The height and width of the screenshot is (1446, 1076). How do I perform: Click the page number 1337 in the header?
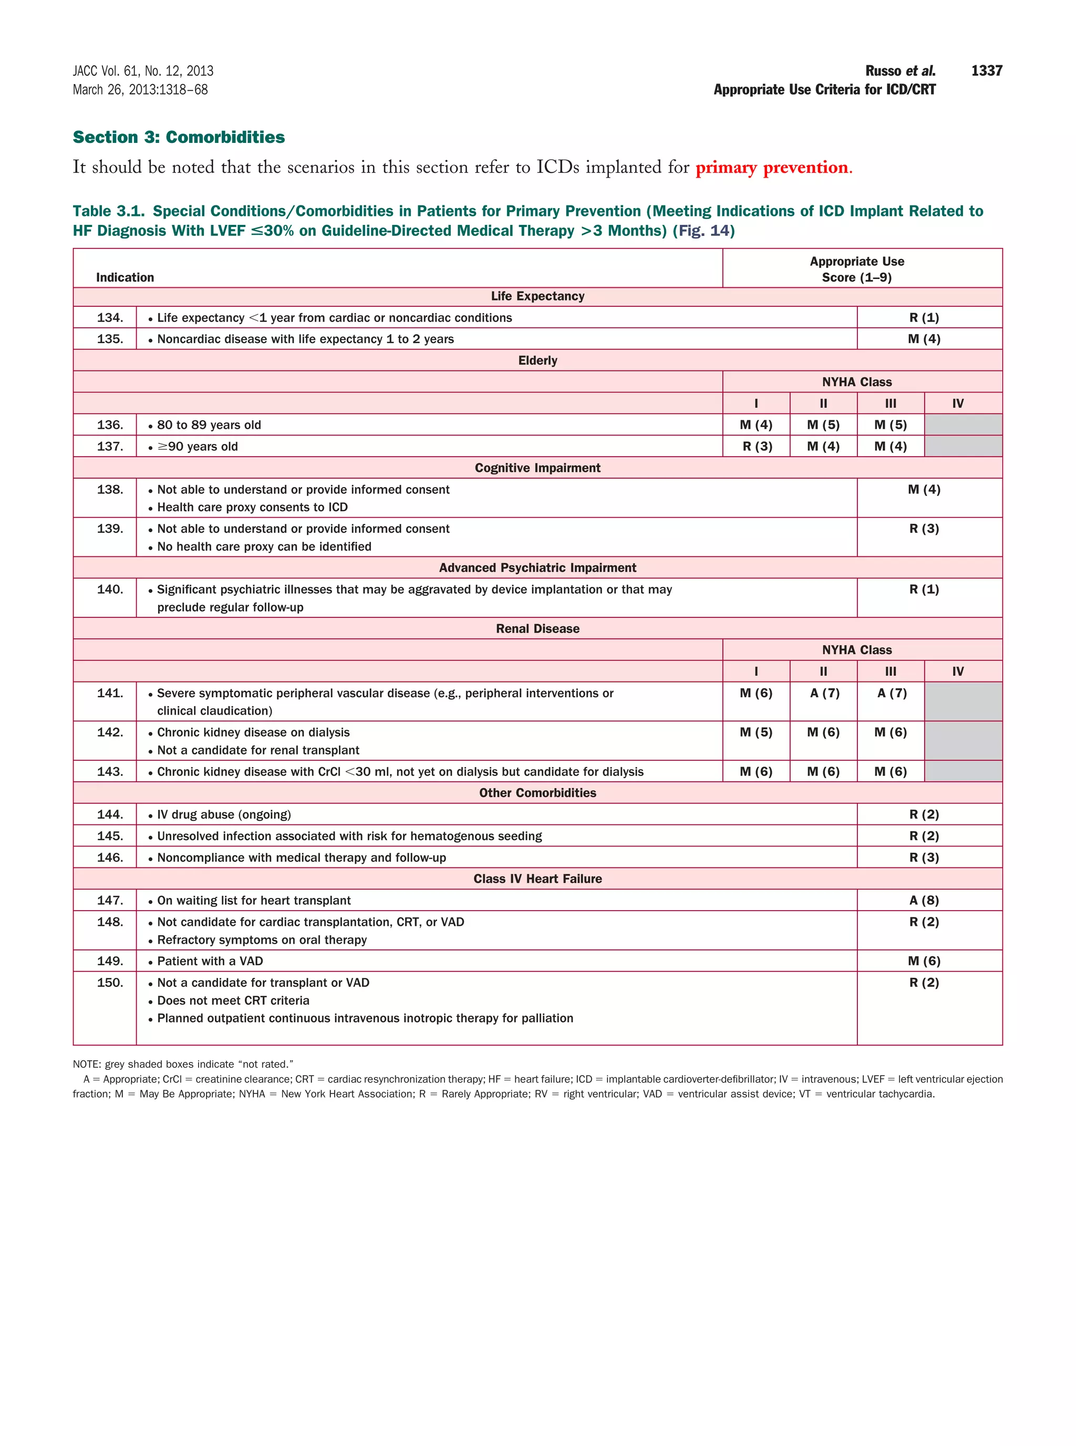click(986, 70)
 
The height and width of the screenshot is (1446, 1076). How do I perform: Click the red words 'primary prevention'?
click(772, 168)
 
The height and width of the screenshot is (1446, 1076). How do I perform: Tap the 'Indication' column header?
click(125, 277)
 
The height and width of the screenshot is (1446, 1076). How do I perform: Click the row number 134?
click(110, 318)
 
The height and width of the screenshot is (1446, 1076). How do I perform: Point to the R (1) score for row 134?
click(924, 318)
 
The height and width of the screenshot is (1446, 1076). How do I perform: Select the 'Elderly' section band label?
click(537, 360)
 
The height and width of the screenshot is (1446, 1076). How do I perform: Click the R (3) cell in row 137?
click(756, 446)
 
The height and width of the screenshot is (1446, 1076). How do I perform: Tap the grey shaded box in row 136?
click(963, 425)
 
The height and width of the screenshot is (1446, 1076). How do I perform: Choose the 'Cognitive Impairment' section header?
click(537, 468)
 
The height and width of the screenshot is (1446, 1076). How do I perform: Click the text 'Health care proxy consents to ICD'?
click(252, 508)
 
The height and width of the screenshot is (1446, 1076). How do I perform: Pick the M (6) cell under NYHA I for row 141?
click(756, 693)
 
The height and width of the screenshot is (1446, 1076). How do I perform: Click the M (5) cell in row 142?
click(756, 732)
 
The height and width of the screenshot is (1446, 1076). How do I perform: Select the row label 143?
click(110, 771)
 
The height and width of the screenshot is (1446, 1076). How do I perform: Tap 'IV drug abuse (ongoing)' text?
click(223, 815)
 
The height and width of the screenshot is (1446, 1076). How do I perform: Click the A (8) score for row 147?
click(924, 900)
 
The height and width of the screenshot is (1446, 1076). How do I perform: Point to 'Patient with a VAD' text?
click(210, 962)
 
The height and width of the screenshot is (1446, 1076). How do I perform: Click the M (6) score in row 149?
click(924, 962)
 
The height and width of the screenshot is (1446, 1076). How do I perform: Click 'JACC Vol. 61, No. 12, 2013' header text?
click(143, 71)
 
